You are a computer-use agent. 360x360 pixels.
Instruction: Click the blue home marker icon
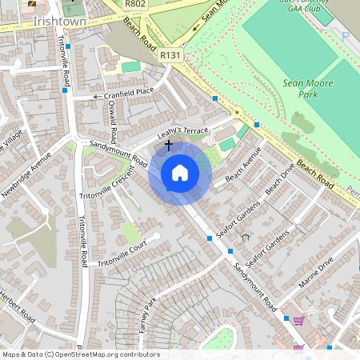180,173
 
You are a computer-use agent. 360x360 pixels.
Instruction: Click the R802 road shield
135,5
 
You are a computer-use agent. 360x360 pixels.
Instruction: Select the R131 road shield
170,55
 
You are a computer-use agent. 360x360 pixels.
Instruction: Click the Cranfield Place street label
129,93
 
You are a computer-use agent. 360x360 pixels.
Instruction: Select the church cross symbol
168,146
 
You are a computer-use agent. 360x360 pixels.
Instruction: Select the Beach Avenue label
243,165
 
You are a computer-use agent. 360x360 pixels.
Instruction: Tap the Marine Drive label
316,273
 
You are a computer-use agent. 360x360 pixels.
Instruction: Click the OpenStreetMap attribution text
80,354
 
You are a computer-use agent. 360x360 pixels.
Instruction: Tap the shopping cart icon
298,322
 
